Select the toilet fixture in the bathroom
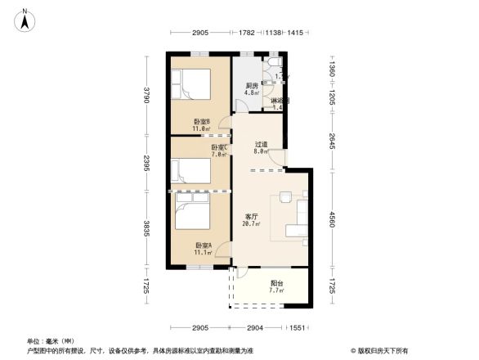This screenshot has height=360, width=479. (x=275, y=62)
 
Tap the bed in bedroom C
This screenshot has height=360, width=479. (x=189, y=170)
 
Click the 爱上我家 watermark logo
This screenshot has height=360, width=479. (x=379, y=351)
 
